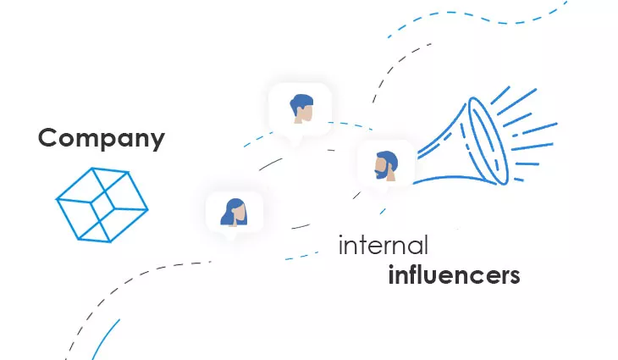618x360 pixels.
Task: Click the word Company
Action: pyautogui.click(x=102, y=138)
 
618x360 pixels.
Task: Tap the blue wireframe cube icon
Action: pyautogui.click(x=102, y=205)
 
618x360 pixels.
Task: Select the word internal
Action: pyautogui.click(x=383, y=245)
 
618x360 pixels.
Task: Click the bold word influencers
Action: pyautogui.click(x=454, y=274)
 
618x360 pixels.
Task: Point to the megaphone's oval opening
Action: pyautogui.click(x=488, y=141)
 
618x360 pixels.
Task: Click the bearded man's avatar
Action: pyautogui.click(x=386, y=165)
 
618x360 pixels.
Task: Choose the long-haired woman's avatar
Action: pyautogui.click(x=235, y=212)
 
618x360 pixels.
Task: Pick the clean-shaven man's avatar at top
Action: pyautogui.click(x=301, y=108)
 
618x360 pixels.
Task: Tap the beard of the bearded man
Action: pyautogui.click(x=381, y=172)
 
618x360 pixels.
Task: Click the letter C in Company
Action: pyautogui.click(x=47, y=137)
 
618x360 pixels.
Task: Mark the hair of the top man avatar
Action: pyautogui.click(x=301, y=102)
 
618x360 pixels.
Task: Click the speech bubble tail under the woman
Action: pyautogui.click(x=229, y=237)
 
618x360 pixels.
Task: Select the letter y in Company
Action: pyautogui.click(x=157, y=141)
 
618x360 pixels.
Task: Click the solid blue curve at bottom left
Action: pyautogui.click(x=105, y=340)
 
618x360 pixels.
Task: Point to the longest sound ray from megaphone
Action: pyautogui.click(x=516, y=102)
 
